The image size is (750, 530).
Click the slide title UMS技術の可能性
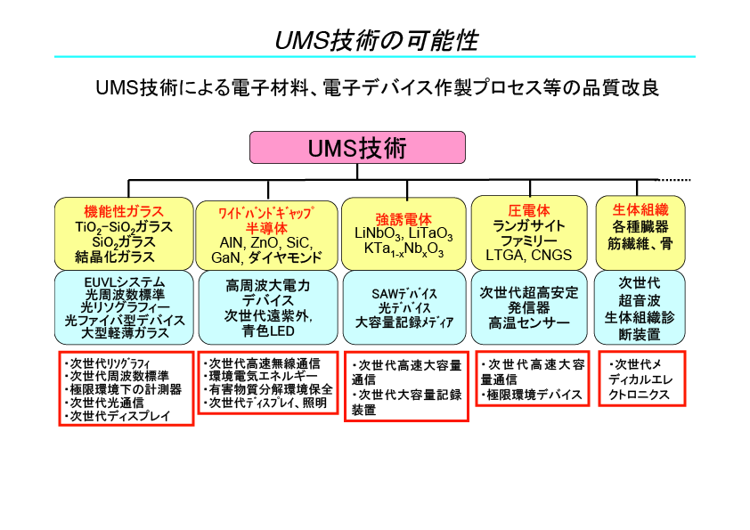pos(375,40)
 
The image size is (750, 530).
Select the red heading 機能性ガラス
pos(124,211)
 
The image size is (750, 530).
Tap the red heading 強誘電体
pos(404,219)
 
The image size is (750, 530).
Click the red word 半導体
pos(266,228)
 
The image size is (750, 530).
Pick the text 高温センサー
pos(528,322)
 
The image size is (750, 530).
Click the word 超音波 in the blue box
pos(640,301)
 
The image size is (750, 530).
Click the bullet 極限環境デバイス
pos(533,394)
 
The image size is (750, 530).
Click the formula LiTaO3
pos(431,234)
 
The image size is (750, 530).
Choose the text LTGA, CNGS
pos(528,256)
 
